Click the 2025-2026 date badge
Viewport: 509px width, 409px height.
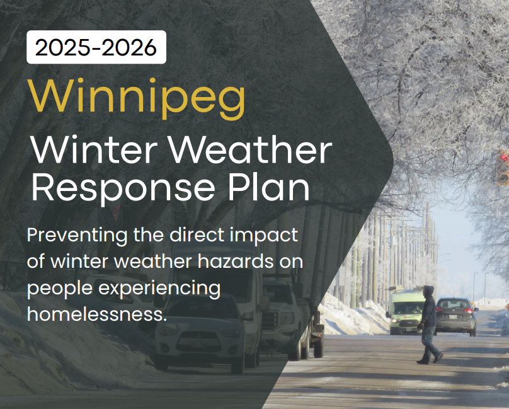(x=96, y=47)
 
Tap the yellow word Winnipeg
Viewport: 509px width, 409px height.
(x=137, y=98)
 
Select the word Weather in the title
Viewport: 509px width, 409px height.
(x=250, y=149)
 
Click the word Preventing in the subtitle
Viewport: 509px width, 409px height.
(x=77, y=236)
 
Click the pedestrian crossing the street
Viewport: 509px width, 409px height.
(x=429, y=325)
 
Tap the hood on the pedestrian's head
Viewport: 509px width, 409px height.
(x=428, y=291)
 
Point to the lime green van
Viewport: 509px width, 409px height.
(x=404, y=312)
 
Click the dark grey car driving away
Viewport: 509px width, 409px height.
(x=455, y=316)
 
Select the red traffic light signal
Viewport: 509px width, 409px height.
(x=504, y=158)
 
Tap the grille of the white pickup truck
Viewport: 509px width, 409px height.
(x=270, y=321)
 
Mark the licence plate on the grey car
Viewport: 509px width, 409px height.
(x=453, y=317)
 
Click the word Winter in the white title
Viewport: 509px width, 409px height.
(x=94, y=149)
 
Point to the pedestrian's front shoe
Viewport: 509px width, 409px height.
(x=438, y=358)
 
